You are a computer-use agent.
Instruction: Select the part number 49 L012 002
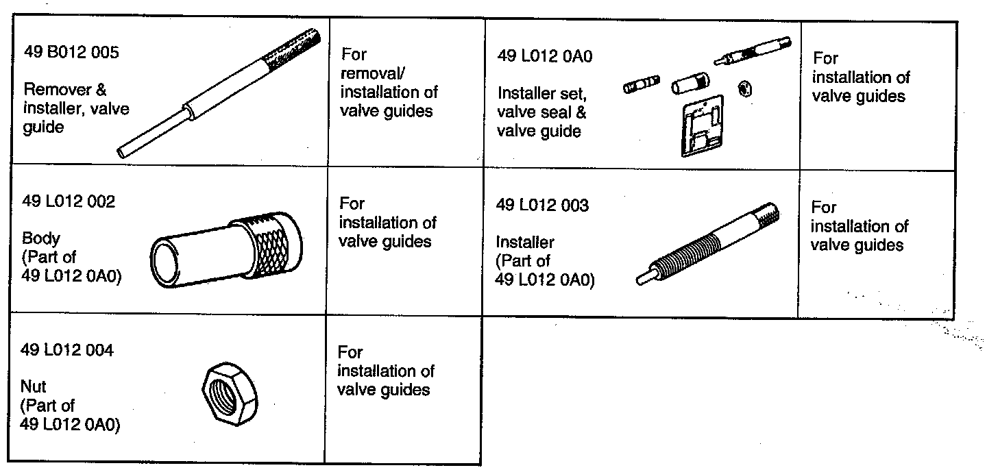[69, 202]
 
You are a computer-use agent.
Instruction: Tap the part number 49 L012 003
[542, 206]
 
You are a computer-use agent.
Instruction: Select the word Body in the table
[41, 239]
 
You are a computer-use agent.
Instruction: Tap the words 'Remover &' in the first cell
[65, 90]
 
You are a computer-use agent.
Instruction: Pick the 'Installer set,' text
[542, 93]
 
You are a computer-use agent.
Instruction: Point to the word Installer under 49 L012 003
[525, 242]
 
